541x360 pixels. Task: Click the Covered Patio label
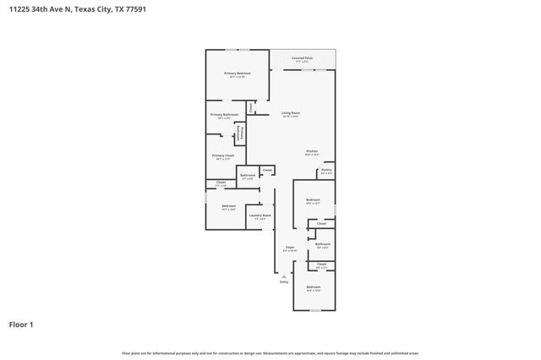pyautogui.click(x=302, y=58)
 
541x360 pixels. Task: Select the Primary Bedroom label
pyautogui.click(x=237, y=74)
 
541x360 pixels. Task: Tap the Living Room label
pyautogui.click(x=291, y=112)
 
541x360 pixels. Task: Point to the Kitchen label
pyautogui.click(x=312, y=151)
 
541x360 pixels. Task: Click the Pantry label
pyautogui.click(x=326, y=170)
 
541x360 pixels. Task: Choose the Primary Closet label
pyautogui.click(x=223, y=155)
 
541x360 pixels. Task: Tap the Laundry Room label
pyautogui.click(x=260, y=215)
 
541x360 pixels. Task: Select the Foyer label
pyautogui.click(x=289, y=248)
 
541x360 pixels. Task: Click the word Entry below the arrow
pyautogui.click(x=284, y=281)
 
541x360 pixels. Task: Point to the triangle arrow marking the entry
pyautogui.click(x=284, y=275)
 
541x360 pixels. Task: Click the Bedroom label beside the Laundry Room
pyautogui.click(x=228, y=206)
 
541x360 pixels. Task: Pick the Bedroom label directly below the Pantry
pyautogui.click(x=312, y=200)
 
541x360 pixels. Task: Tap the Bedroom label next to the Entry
pyautogui.click(x=314, y=287)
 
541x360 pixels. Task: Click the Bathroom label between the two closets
pyautogui.click(x=322, y=243)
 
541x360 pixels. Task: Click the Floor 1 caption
pyautogui.click(x=21, y=324)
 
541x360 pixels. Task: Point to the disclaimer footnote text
pyautogui.click(x=270, y=353)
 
